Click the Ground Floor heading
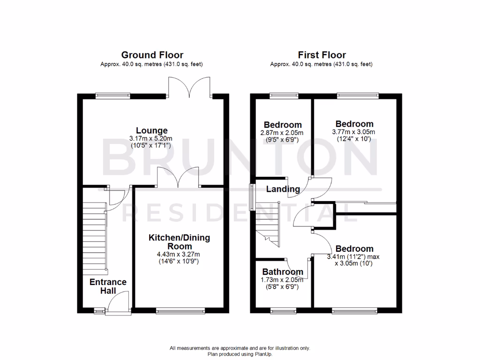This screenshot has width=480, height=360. pos(152,55)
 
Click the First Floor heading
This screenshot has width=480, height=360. pos(322,55)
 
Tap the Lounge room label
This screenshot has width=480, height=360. pos(152,130)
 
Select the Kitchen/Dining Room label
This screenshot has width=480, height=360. pos(179,242)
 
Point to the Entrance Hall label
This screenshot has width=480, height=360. pos(108,286)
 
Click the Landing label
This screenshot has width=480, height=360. pos(283,189)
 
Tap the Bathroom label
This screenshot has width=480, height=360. pos(283,272)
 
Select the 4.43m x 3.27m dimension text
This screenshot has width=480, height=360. pos(179,255)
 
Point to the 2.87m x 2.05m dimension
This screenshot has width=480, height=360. pos(283,133)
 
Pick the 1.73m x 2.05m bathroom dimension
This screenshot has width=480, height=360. pos(283,280)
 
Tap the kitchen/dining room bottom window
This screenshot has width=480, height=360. pos(180,310)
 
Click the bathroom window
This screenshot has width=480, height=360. pos(283,310)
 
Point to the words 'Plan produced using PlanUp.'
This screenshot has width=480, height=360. pos(240,354)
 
